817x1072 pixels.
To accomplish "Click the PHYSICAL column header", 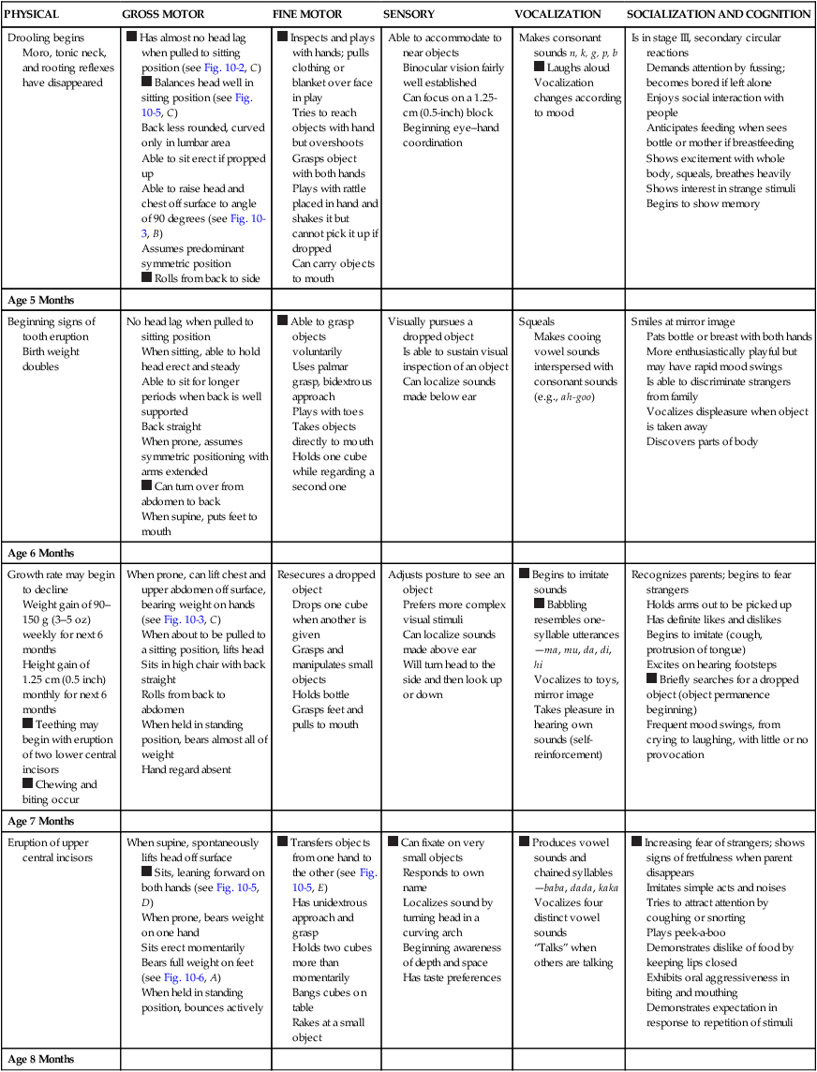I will tap(33, 15).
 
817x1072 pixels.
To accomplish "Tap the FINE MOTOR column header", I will tap(307, 15).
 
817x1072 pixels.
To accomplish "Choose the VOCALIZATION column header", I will tap(557, 15).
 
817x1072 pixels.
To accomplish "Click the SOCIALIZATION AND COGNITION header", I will tap(719, 15).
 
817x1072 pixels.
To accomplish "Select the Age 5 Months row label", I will tap(40, 300).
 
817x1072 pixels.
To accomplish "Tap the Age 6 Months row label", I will tap(40, 553).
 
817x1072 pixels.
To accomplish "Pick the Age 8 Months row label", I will tap(40, 1059).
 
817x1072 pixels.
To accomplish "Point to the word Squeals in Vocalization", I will tap(537, 321).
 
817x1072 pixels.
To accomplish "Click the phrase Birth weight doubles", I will tap(52, 359).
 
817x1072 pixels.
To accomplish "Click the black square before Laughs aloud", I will tap(539, 67).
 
